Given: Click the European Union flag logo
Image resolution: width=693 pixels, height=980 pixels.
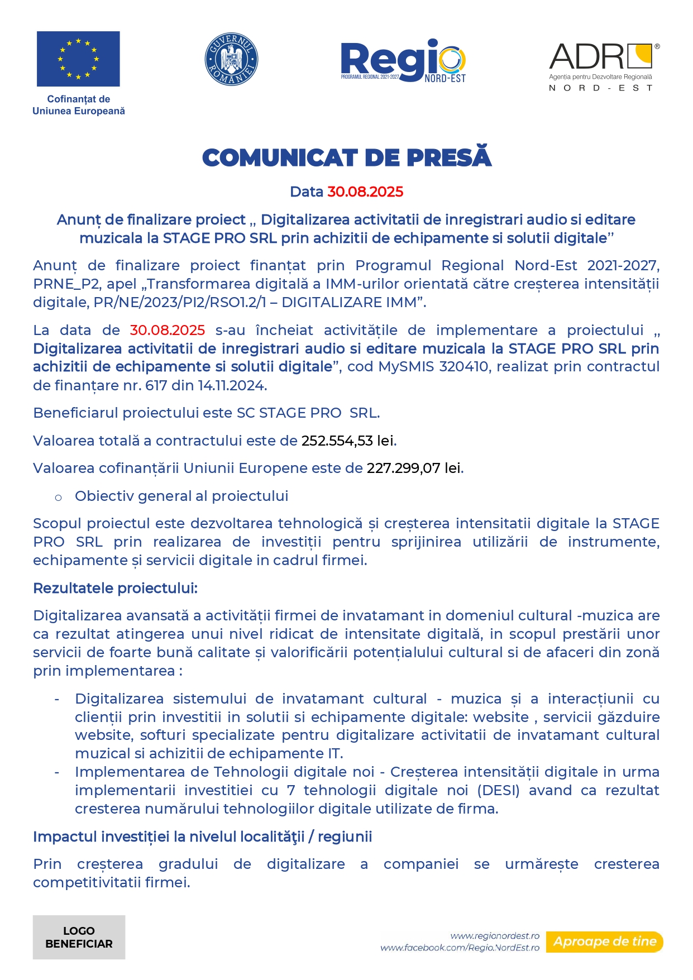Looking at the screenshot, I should pos(78,59).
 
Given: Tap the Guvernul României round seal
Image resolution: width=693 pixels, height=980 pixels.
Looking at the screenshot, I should pos(231,59).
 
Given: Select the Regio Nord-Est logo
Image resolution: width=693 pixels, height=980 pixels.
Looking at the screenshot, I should pos(403,61).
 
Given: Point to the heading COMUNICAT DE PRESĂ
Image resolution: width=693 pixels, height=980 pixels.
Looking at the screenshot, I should pos(347,157).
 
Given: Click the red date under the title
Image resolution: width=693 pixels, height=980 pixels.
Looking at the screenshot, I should pos(365,192).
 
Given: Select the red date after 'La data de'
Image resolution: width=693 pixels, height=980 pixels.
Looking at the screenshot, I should pos(168,331).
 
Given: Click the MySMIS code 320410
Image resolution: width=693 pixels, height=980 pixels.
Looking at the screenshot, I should pos(463,367).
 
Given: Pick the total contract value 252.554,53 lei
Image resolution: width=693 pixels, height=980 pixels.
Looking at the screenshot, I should pos(348,441).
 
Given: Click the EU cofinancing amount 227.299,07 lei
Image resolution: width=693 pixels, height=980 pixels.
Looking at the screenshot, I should pos(414,468).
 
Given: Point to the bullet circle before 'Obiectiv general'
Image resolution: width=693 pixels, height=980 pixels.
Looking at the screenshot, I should pos(58,497).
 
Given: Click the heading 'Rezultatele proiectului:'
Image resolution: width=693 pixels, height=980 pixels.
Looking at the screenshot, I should pos(116,588).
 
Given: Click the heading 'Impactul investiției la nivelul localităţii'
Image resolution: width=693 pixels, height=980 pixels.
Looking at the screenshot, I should pos(202,836).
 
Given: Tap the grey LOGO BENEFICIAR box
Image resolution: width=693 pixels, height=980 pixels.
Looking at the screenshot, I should pos(79,937).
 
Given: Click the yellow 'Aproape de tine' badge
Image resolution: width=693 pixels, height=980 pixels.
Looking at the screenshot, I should pos(605,941).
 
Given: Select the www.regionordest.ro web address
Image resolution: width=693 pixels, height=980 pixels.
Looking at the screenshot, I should pos(495,936).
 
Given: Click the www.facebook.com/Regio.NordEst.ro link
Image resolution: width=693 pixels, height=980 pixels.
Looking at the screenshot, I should pos(460,948).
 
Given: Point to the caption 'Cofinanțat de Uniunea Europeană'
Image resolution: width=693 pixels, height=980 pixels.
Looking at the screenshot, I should pos(79,105).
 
